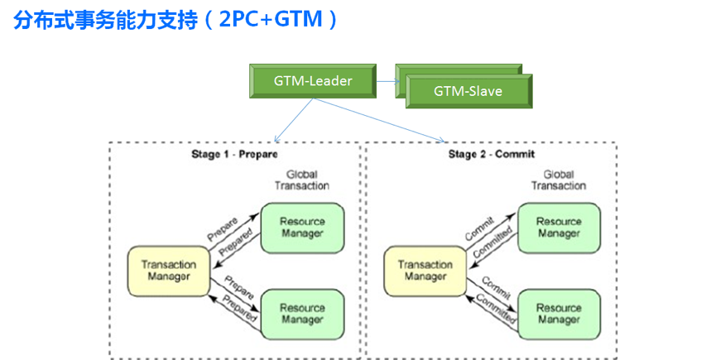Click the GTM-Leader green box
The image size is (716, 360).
313,80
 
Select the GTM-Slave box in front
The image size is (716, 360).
468,91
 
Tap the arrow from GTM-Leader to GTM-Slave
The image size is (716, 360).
390,81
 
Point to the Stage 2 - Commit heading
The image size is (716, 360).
492,155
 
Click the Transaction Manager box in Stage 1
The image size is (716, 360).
169,271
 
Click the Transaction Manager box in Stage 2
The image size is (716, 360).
425,271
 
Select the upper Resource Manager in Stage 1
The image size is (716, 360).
302,227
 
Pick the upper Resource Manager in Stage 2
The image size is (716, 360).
559,227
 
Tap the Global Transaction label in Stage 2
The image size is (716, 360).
559,180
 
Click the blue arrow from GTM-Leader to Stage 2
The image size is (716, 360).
381,121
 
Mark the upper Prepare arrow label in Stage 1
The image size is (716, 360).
223,228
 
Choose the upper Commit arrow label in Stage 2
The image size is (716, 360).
479,228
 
